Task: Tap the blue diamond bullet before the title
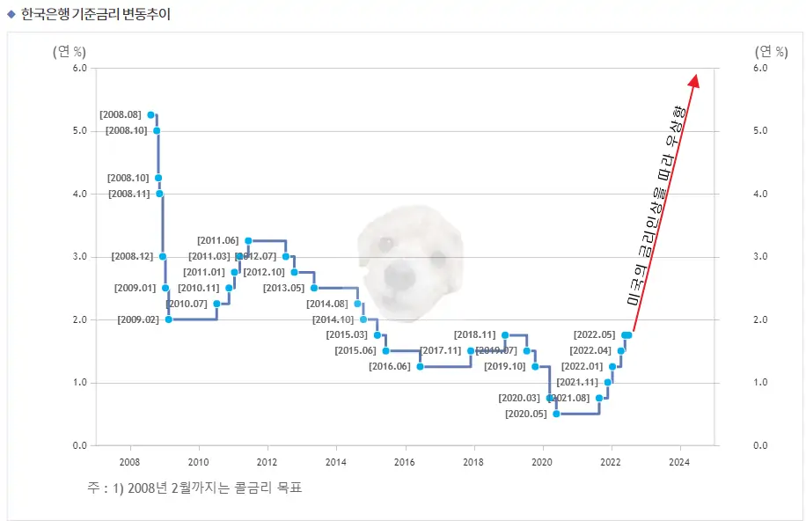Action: pyautogui.click(x=11, y=13)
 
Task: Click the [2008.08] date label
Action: pyautogui.click(x=121, y=114)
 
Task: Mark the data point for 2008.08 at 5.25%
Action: pyautogui.click(x=150, y=114)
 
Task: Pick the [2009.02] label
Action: pyautogui.click(x=138, y=319)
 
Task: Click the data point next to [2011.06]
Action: pyautogui.click(x=248, y=240)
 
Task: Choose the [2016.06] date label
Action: pyautogui.click(x=390, y=366)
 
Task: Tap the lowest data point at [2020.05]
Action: pyautogui.click(x=556, y=414)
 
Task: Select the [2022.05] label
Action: pyautogui.click(x=594, y=334)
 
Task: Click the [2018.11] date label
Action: pyautogui.click(x=475, y=334)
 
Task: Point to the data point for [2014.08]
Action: pyautogui.click(x=357, y=304)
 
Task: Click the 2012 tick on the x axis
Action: pyautogui.click(x=267, y=461)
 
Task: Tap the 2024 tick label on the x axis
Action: pyautogui.click(x=679, y=461)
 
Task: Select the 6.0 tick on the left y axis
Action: pyautogui.click(x=79, y=68)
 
